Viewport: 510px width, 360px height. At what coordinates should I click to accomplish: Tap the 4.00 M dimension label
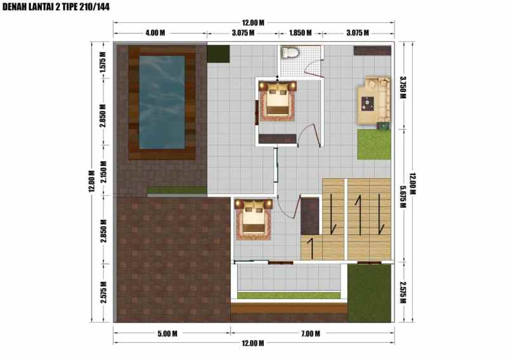155,32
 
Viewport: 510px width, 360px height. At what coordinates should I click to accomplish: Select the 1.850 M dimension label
299,32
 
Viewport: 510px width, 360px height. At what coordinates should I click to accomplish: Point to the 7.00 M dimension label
310,333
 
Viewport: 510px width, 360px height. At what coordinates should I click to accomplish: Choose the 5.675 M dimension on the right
403,200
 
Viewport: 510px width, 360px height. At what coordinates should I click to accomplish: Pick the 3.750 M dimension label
403,87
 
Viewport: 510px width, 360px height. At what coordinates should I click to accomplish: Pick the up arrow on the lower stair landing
311,248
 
